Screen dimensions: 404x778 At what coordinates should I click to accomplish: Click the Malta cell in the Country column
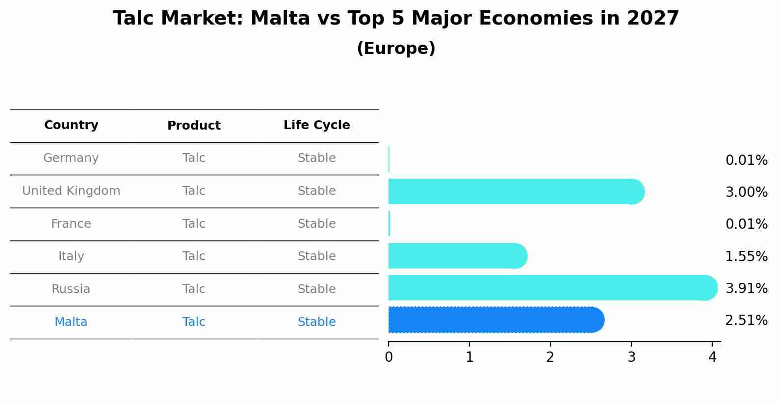71,322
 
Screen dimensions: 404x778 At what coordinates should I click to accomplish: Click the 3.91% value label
746,289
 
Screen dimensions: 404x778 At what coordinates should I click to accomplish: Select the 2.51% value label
746,321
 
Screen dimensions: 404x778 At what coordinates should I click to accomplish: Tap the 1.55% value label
746,256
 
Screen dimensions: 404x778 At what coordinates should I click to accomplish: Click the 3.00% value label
746,192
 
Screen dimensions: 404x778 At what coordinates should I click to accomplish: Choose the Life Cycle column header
316,125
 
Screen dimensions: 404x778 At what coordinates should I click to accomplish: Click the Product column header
194,126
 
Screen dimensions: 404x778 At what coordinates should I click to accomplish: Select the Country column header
71,125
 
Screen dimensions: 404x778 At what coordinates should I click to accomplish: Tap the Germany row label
71,158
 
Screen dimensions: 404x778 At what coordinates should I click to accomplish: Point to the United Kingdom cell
71,191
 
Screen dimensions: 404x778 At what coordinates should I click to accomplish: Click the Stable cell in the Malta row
316,322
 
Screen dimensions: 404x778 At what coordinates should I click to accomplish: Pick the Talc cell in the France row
194,224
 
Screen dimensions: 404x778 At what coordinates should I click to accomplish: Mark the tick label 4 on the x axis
712,357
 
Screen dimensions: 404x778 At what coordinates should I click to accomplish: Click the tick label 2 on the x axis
550,357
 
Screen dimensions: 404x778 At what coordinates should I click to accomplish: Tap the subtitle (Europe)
396,49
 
